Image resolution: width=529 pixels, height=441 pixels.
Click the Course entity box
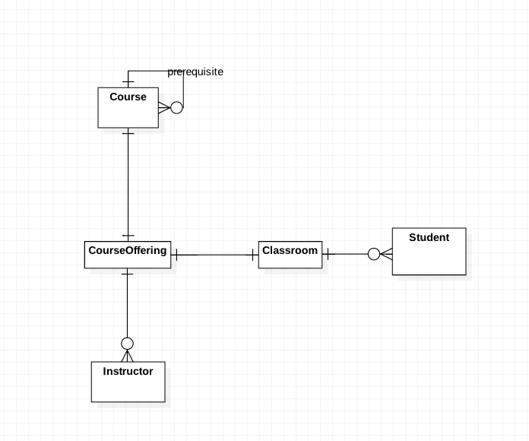(x=128, y=108)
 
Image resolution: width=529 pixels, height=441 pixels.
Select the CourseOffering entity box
(x=128, y=255)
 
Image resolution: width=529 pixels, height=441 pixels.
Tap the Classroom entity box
(x=290, y=255)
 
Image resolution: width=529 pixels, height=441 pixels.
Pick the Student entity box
(x=429, y=252)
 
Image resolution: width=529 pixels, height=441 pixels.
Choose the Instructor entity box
(x=128, y=382)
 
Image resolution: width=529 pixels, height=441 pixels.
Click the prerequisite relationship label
(x=195, y=72)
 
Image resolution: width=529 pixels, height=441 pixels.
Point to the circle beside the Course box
(x=177, y=108)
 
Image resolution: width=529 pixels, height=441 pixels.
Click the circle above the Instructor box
(x=127, y=344)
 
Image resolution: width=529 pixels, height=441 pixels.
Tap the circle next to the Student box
(x=374, y=254)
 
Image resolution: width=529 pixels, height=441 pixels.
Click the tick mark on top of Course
(x=128, y=81)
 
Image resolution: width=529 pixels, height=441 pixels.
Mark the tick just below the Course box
(x=128, y=133)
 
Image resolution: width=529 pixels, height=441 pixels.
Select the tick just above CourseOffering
(x=128, y=236)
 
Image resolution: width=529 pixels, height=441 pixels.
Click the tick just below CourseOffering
(x=127, y=274)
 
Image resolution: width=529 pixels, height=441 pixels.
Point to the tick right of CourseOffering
(x=177, y=255)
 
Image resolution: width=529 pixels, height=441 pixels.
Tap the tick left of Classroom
(x=253, y=255)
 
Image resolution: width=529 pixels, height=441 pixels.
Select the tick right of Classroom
(x=328, y=254)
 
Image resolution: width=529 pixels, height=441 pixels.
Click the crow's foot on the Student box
(x=386, y=254)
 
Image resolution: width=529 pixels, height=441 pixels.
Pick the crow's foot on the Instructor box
(x=127, y=356)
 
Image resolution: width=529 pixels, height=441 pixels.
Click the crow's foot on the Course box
(x=165, y=108)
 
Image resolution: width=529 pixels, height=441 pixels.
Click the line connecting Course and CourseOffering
(x=128, y=185)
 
